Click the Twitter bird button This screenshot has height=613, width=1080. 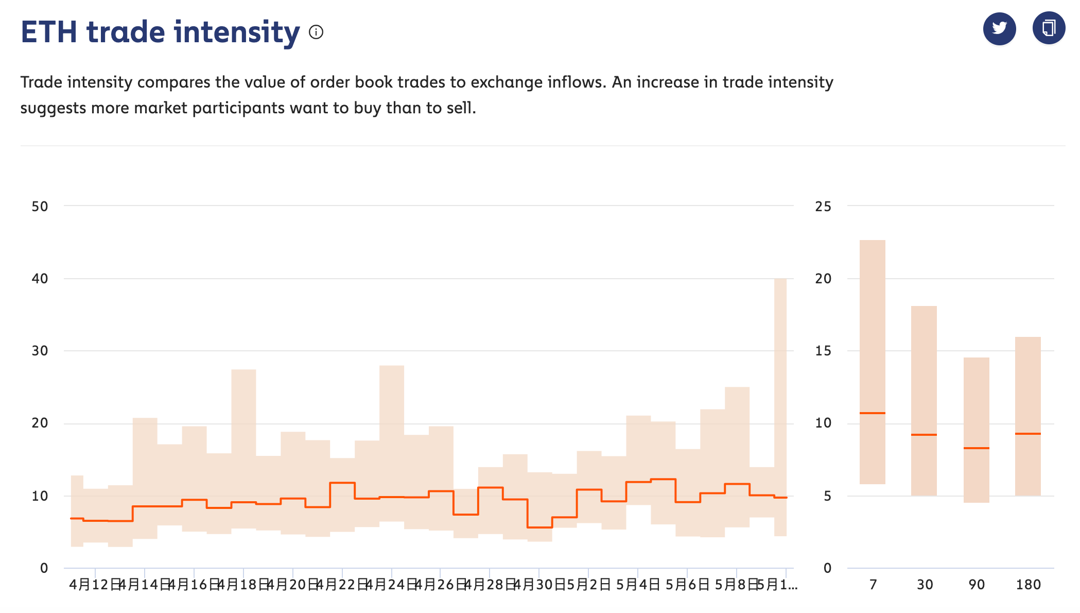point(999,28)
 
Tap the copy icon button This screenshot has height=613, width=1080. point(1049,28)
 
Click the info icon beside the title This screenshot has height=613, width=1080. point(316,32)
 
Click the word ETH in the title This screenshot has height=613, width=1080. point(49,32)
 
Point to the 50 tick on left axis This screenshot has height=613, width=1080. point(40,207)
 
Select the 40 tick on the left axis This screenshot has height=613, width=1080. point(40,279)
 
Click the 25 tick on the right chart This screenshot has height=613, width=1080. point(823,207)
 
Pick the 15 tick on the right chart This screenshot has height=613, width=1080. point(823,351)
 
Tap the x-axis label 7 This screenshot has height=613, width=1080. point(873,585)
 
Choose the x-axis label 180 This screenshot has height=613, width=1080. point(1029,585)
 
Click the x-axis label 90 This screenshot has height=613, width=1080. point(977,585)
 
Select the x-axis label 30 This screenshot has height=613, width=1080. point(925,585)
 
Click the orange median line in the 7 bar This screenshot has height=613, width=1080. point(873,413)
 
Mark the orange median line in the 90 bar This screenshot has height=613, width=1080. point(977,448)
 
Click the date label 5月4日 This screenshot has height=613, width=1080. point(638,585)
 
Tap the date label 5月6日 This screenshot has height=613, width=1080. point(687,585)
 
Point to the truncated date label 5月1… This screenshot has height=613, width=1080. point(777,585)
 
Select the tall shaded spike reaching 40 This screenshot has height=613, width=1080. point(780,361)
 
